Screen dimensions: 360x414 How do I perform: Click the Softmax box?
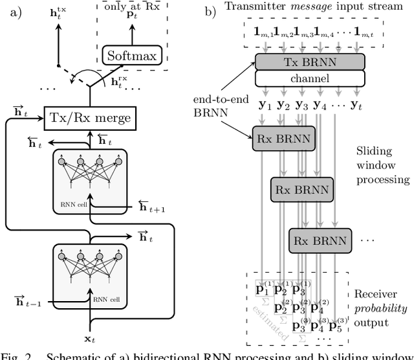tap(132, 56)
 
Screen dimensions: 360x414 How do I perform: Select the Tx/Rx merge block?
tap(91, 117)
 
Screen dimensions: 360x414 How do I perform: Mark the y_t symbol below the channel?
tap(356, 104)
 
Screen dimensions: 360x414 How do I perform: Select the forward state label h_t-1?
tap(25, 299)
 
